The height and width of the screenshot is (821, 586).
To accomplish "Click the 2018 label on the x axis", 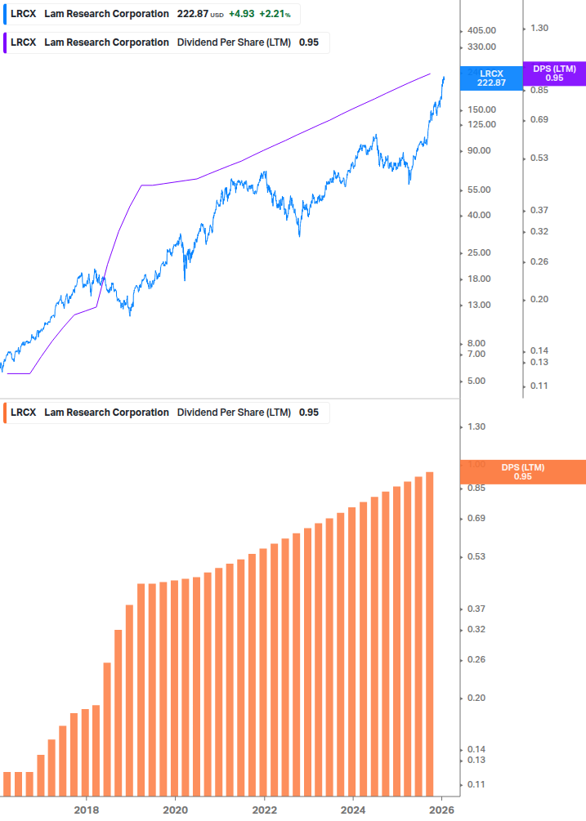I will [x=87, y=810].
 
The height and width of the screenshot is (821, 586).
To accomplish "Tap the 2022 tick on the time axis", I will [x=264, y=810].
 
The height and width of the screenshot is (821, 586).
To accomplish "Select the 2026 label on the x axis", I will [x=441, y=810].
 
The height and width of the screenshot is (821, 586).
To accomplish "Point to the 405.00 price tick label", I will [x=481, y=30].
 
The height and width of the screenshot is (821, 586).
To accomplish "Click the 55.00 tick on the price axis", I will [x=478, y=190].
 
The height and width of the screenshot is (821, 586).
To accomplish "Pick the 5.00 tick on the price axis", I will [x=476, y=381].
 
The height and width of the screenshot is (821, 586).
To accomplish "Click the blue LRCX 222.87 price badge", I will [x=491, y=78].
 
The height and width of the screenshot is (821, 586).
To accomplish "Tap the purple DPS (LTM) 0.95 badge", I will [x=554, y=74].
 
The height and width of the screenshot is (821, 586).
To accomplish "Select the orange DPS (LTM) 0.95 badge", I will [x=523, y=471].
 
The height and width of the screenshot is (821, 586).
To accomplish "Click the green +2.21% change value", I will [x=275, y=15].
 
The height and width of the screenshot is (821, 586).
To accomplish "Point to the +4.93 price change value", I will [x=241, y=15].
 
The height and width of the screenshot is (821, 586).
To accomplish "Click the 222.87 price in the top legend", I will [x=192, y=15].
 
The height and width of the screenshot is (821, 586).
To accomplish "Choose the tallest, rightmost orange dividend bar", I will [x=429, y=633].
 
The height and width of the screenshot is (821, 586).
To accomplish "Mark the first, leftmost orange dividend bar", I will [x=7, y=783].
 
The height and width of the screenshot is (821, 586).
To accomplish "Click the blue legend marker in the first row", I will [x=6, y=15].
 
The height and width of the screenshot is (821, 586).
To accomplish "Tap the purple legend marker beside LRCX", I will [x=6, y=42].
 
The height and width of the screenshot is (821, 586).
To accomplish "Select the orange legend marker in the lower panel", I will [x=6, y=413].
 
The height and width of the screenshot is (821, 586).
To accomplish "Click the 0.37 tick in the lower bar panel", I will [x=475, y=609].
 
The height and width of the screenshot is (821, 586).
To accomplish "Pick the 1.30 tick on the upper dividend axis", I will [x=539, y=28].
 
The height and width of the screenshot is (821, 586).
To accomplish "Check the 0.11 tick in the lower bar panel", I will [x=475, y=784].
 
